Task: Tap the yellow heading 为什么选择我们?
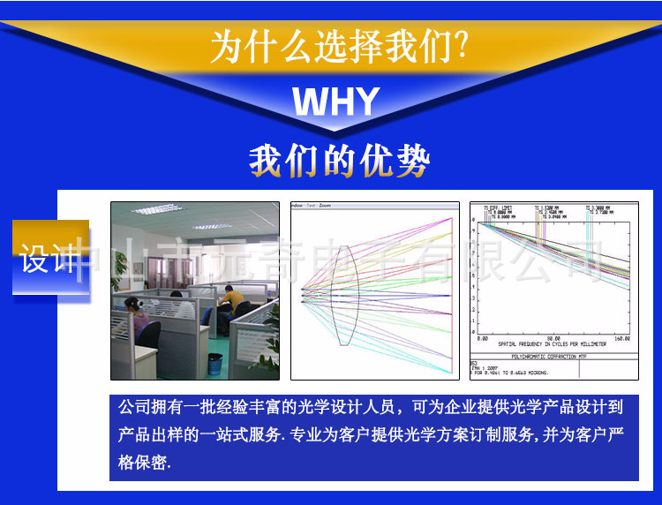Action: (338, 47)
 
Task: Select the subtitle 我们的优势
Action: (339, 162)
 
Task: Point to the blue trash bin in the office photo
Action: (215, 361)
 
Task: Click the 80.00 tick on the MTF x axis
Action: (553, 337)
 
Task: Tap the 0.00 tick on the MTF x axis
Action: (482, 337)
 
